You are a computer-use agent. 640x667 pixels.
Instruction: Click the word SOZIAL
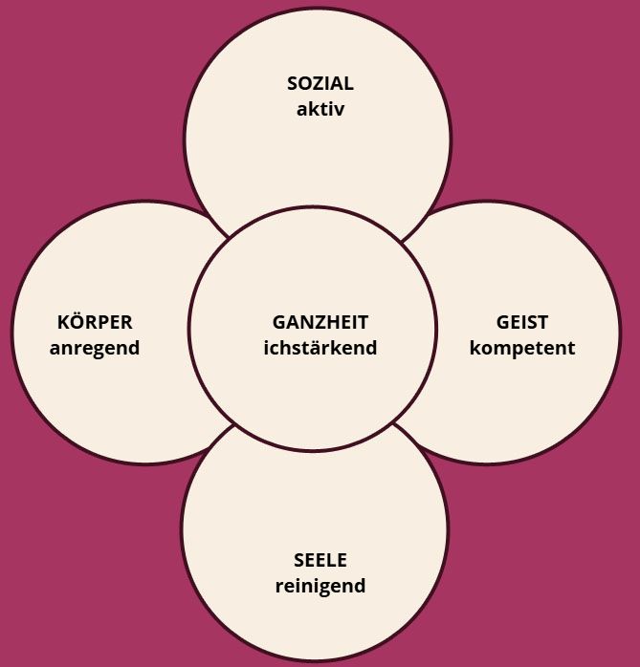click(320, 83)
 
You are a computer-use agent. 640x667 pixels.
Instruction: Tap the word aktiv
click(320, 109)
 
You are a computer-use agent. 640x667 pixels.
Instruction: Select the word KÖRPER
click(95, 321)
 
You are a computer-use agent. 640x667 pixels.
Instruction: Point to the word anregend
click(95, 349)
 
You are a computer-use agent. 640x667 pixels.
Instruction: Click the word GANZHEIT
click(320, 322)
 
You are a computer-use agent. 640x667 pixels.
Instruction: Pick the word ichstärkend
click(320, 347)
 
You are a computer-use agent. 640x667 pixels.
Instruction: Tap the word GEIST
click(522, 322)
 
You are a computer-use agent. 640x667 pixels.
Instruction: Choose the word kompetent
click(522, 348)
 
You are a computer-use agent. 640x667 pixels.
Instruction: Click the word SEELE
click(320, 560)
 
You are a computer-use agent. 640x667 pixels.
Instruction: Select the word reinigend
click(320, 586)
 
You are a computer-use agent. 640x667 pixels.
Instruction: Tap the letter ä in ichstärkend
click(318, 348)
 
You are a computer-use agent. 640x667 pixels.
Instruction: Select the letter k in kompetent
click(475, 347)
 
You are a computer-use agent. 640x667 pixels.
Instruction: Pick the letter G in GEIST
click(503, 322)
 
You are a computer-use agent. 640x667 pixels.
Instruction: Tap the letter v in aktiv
click(339, 111)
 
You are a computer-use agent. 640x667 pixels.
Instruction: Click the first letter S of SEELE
click(299, 560)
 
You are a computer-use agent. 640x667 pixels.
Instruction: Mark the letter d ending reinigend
click(360, 585)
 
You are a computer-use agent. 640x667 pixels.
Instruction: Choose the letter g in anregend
click(95, 352)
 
